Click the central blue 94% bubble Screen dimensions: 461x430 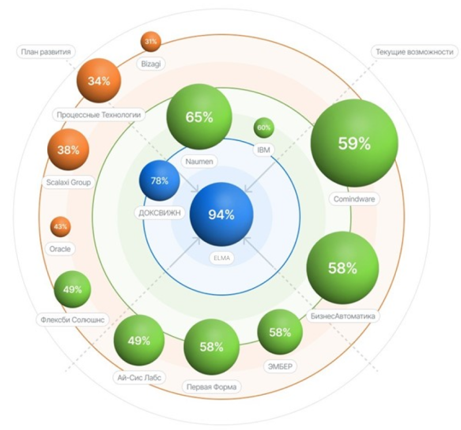(221, 214)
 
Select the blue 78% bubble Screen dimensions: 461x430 (160, 180)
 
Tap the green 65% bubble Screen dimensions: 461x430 (199, 117)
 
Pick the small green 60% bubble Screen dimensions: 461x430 (264, 128)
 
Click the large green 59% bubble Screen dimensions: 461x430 (354, 143)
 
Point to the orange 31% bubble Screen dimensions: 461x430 (151, 41)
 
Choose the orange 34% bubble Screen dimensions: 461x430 (99, 81)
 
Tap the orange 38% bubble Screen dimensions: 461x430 (68, 150)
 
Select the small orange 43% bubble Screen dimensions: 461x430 (61, 227)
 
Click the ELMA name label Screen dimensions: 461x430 (222, 258)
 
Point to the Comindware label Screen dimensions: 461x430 (354, 199)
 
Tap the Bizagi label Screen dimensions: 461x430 (151, 64)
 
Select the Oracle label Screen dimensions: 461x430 (60, 249)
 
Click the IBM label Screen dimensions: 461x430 (264, 150)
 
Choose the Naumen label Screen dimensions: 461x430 (199, 162)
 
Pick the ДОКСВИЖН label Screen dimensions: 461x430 (160, 212)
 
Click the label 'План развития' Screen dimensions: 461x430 (46, 52)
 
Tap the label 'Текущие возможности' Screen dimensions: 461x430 (415, 52)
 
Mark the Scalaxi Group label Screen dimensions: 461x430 (69, 182)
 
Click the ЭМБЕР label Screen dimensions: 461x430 (280, 366)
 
